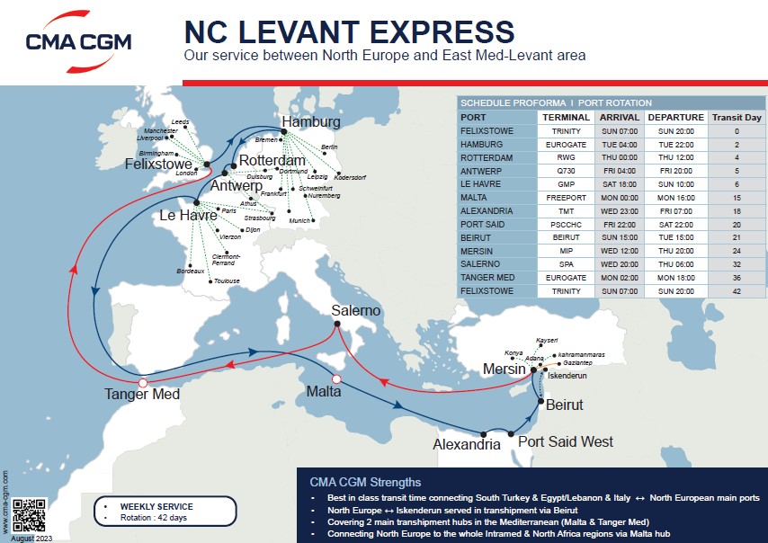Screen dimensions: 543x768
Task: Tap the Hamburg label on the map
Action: click(x=310, y=121)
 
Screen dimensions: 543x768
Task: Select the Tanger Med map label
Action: click(x=142, y=394)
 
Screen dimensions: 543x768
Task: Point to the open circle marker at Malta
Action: click(x=338, y=379)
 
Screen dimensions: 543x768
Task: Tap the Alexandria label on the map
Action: click(x=466, y=444)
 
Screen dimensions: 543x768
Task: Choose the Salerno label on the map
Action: click(x=356, y=310)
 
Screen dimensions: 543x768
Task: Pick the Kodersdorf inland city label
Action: click(x=349, y=177)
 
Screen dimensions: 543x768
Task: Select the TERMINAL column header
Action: click(x=566, y=117)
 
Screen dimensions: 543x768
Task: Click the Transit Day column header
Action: click(x=737, y=117)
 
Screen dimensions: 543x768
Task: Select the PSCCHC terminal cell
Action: click(x=566, y=225)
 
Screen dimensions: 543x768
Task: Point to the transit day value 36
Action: click(x=737, y=278)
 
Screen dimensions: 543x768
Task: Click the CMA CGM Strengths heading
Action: click(x=364, y=481)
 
